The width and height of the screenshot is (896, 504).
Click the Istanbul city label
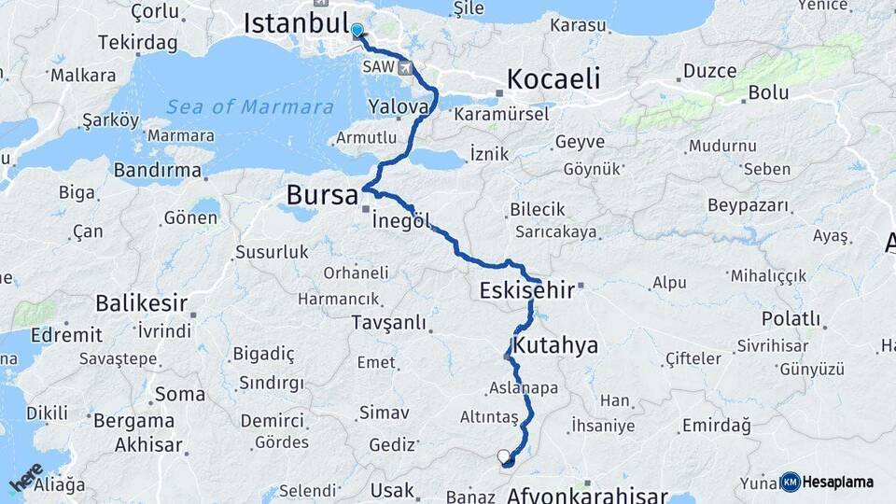[x=295, y=23]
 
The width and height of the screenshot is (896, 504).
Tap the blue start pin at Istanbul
[x=357, y=31]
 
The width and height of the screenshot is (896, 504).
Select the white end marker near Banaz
[x=505, y=456]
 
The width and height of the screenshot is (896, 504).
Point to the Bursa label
[x=322, y=196]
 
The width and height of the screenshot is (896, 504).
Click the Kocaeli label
[x=553, y=78]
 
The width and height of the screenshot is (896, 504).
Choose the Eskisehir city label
[x=526, y=290]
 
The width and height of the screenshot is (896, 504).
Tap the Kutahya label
[x=555, y=346]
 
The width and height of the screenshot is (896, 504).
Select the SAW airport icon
[x=404, y=66]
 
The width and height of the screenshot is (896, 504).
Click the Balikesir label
[x=141, y=303]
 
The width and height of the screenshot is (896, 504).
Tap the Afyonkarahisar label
[x=587, y=495]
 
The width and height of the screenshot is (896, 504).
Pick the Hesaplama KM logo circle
[x=791, y=482]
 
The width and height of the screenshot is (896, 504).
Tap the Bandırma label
[x=157, y=170]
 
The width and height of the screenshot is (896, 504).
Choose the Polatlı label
[x=791, y=319]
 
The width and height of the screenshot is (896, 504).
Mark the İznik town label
[x=488, y=152]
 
